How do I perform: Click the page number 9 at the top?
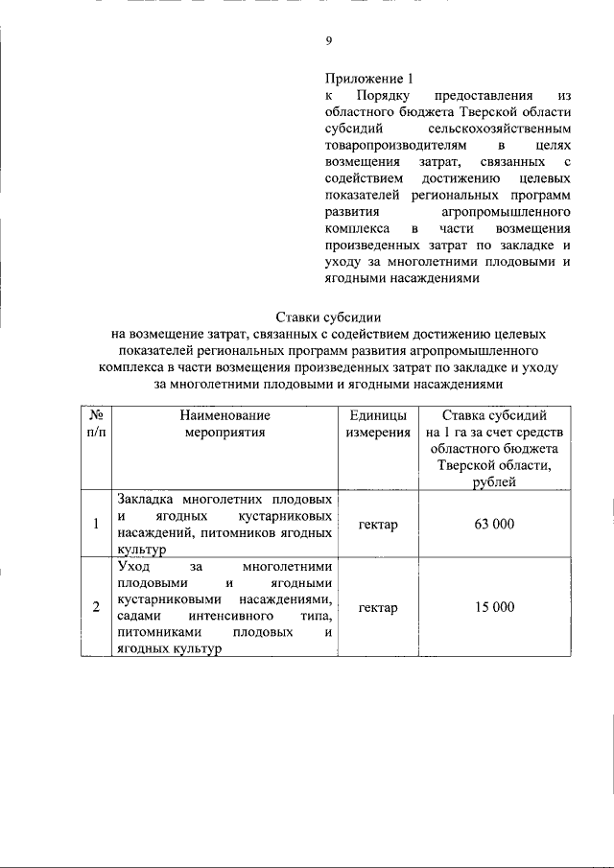(328, 40)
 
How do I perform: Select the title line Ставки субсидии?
(327, 317)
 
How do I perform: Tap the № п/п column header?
(96, 423)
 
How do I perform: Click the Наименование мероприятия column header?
(224, 423)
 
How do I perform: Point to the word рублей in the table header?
(495, 481)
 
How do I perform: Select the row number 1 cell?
(96, 524)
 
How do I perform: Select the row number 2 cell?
(96, 607)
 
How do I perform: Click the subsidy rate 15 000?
(495, 607)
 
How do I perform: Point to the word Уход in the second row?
(133, 567)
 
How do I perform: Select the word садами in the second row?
(138, 616)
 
